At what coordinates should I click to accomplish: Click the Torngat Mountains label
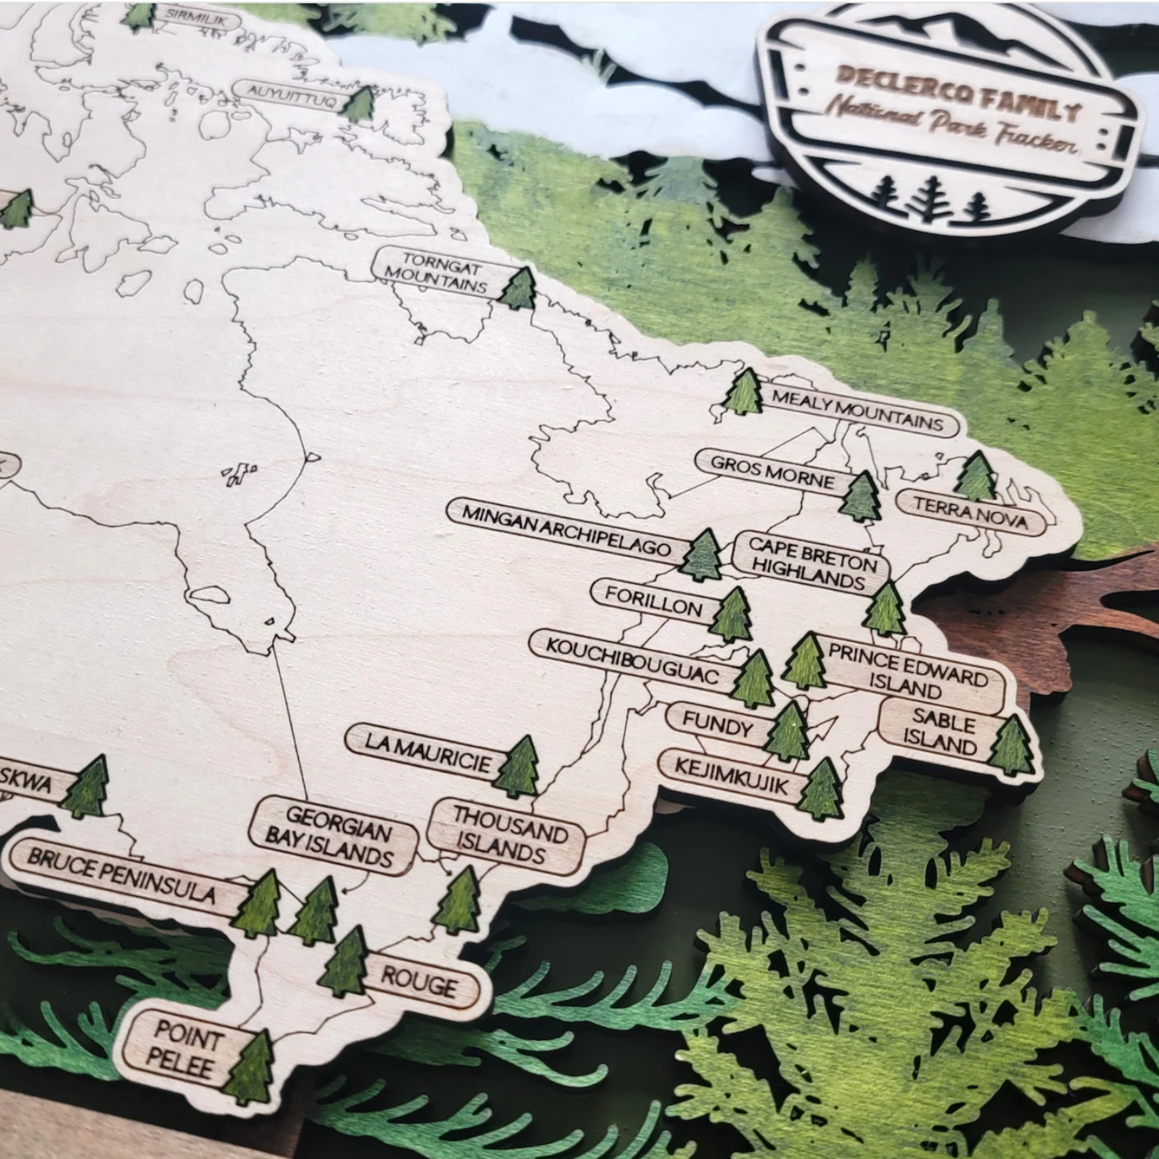point(436,273)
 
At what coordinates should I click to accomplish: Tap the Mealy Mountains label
point(857,410)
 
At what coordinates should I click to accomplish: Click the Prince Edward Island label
point(907,671)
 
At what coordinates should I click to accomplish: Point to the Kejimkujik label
point(731,775)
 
